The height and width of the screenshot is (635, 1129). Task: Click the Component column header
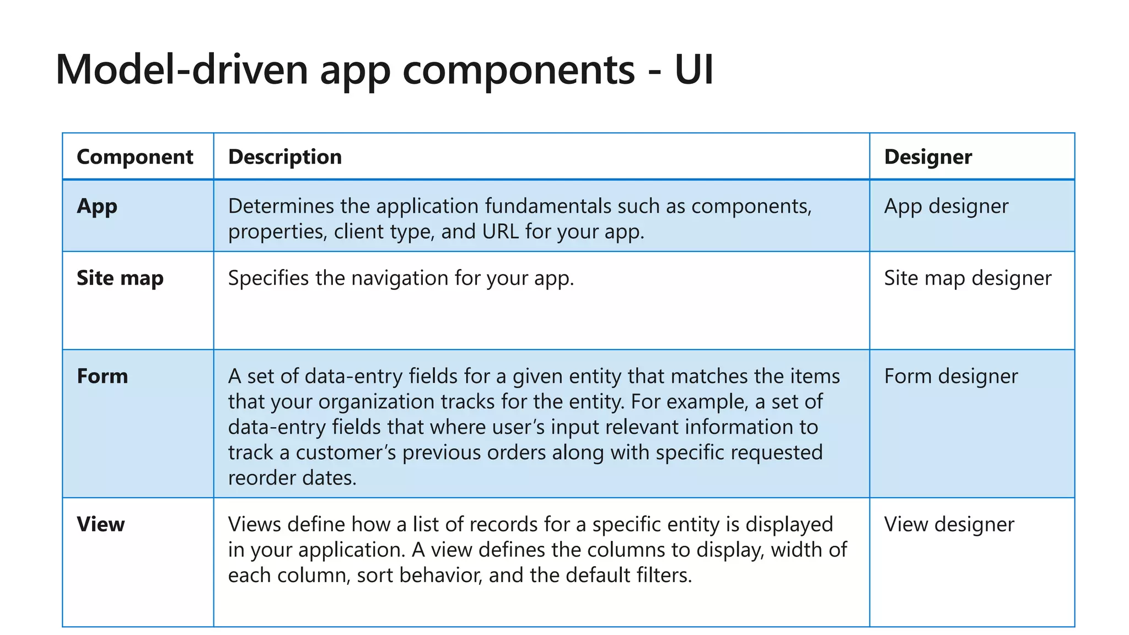[x=135, y=157]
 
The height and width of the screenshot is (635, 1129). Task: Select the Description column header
[x=285, y=157]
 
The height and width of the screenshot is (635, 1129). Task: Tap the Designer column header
[x=928, y=157]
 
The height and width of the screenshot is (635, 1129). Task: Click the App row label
[x=97, y=207]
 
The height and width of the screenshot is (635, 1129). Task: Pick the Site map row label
[x=120, y=278]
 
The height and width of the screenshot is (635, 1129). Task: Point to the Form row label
[x=103, y=376]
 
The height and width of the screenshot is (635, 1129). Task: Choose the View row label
[x=101, y=524]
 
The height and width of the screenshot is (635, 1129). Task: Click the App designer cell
[x=946, y=207]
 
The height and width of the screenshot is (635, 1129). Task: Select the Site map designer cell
[x=967, y=278]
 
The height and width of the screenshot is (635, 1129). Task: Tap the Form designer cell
[x=951, y=376]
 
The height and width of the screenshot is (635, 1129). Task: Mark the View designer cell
[x=949, y=524]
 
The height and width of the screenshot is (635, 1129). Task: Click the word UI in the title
[x=694, y=69]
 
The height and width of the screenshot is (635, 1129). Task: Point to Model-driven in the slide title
[x=182, y=69]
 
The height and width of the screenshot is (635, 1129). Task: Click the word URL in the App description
[x=501, y=232]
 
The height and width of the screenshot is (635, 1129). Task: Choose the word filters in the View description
[x=664, y=575]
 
